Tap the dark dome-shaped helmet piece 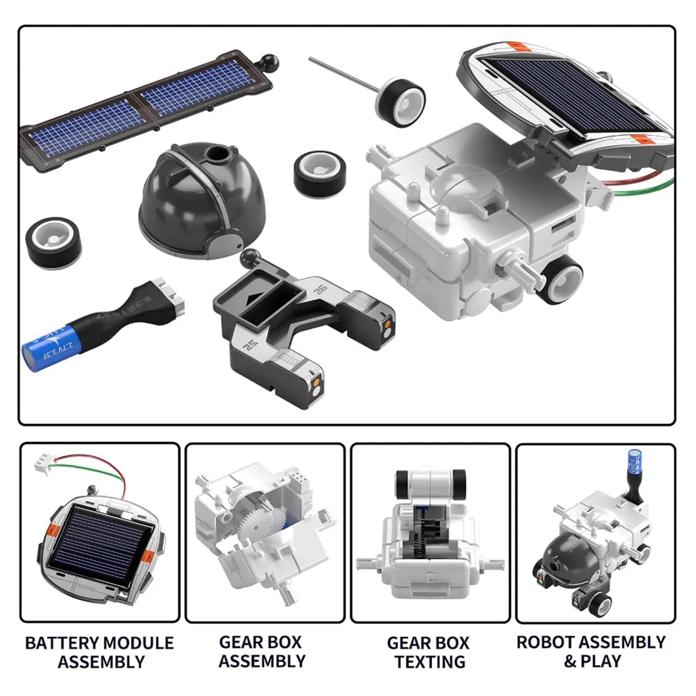(x=202, y=200)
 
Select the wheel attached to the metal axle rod (x=400, y=100)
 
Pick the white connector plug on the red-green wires (x=43, y=462)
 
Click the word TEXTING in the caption (x=429, y=661)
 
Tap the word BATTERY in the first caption (x=62, y=643)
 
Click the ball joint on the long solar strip (x=269, y=61)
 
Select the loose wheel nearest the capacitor (x=54, y=243)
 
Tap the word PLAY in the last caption (x=601, y=661)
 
